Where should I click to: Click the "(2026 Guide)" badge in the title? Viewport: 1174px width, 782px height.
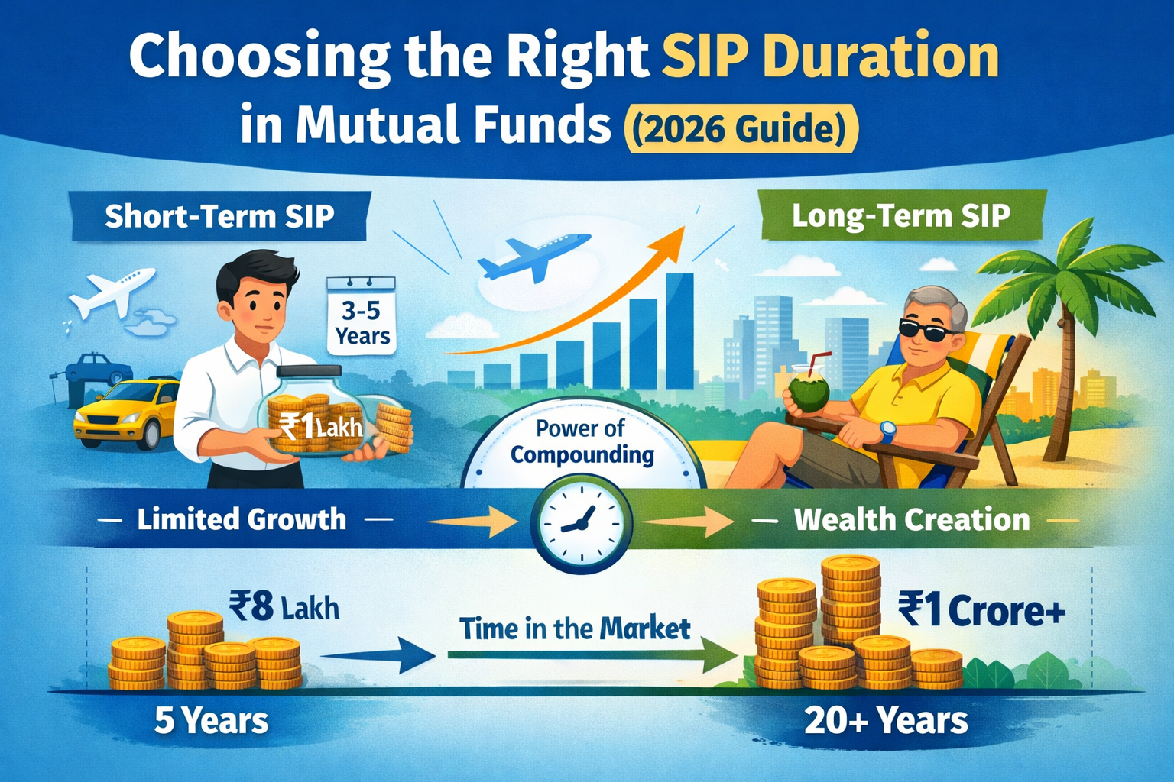click(x=741, y=128)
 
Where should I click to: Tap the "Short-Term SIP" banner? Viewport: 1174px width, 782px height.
click(x=219, y=216)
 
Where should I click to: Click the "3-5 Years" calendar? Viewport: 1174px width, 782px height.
click(x=362, y=322)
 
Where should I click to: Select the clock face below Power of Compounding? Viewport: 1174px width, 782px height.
click(x=582, y=523)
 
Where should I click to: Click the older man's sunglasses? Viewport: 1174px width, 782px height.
click(x=926, y=329)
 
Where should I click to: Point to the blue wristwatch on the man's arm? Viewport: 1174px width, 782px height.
click(x=887, y=432)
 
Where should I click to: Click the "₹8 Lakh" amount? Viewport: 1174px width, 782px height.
click(x=284, y=608)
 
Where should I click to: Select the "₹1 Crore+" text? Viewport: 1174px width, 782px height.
click(x=981, y=611)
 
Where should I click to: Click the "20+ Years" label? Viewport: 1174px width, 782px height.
click(x=886, y=720)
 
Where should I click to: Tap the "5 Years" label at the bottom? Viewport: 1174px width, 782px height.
click(x=211, y=720)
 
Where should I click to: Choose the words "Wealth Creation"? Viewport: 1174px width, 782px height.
click(x=911, y=520)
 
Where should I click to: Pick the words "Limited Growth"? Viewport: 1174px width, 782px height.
click(x=242, y=520)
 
